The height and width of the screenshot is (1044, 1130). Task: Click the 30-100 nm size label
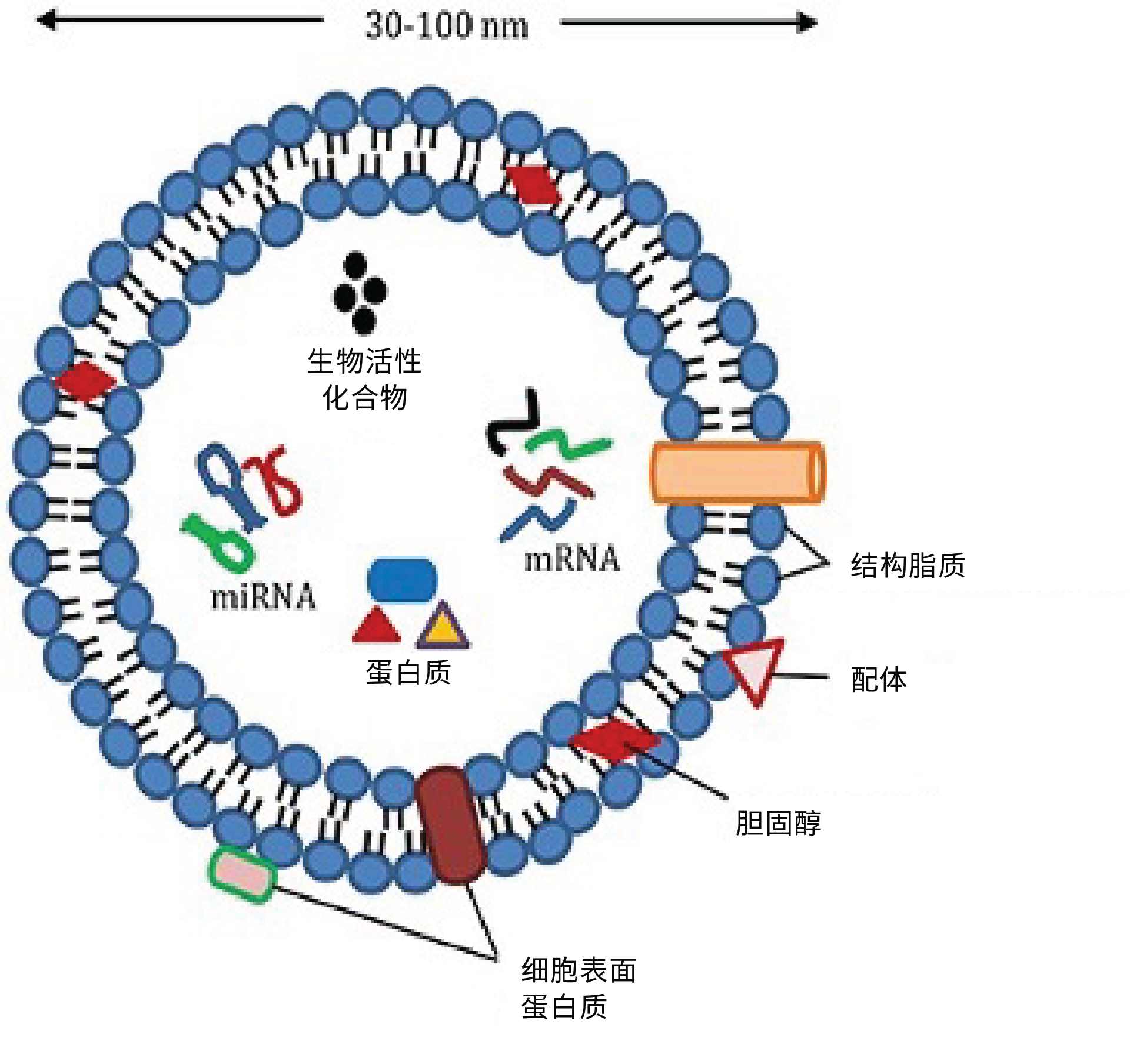tap(447, 26)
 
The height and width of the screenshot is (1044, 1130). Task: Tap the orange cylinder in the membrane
tap(736, 473)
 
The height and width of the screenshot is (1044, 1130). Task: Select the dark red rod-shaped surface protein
tap(451, 824)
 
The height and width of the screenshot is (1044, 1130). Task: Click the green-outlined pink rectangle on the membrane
tap(242, 875)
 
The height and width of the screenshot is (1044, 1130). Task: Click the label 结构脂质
tap(908, 566)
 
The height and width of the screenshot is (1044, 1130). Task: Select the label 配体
tap(879, 680)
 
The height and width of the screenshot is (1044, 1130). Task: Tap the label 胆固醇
tap(778, 823)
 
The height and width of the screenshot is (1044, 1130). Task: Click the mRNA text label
tap(572, 558)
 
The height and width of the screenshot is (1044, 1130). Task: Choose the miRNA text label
tap(263, 597)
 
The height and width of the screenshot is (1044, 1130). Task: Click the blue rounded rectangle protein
tap(402, 580)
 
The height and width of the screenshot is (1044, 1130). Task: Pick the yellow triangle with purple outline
tap(443, 626)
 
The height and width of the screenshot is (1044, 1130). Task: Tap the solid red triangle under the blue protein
tap(377, 626)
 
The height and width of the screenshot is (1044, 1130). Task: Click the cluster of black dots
tap(360, 292)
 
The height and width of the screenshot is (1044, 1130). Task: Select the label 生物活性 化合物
tap(364, 378)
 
